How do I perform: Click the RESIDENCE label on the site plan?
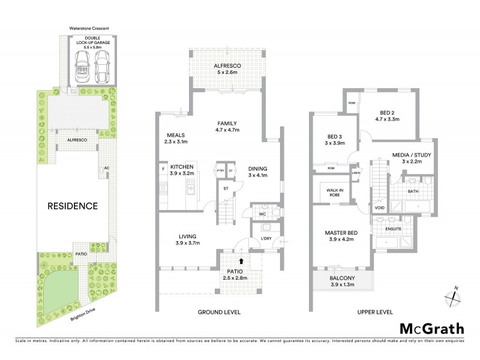click(73, 206)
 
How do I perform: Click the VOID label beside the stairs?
click(379, 208)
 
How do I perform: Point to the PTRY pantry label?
click(221, 170)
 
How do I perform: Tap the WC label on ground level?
click(262, 214)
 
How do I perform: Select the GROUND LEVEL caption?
click(220, 312)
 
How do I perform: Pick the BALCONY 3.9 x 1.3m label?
click(342, 281)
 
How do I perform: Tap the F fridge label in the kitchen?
click(163, 170)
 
